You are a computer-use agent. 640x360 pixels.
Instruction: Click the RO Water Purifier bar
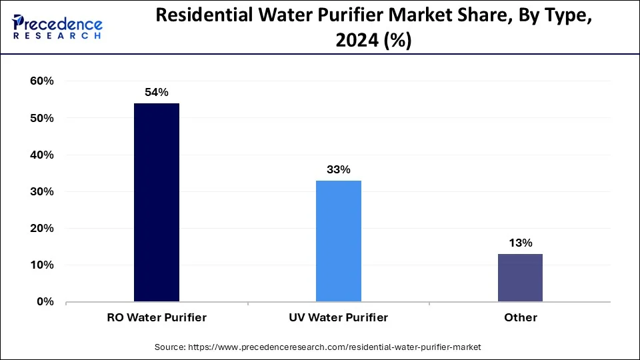157,202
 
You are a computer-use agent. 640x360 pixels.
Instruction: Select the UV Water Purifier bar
339,241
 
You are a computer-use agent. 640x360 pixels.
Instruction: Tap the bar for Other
520,277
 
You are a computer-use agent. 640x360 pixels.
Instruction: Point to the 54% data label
157,93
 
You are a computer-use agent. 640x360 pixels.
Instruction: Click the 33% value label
339,169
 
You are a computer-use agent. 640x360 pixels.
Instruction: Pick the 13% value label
520,243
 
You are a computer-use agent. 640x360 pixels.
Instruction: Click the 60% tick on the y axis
41,81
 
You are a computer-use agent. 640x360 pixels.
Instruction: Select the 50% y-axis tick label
41,118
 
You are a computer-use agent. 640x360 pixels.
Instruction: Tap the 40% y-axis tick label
41,155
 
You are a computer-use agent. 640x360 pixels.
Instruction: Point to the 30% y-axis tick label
41,191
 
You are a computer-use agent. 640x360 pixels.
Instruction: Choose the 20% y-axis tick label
41,228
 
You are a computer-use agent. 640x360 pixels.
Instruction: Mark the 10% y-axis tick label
41,265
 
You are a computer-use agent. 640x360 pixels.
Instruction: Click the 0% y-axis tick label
44,301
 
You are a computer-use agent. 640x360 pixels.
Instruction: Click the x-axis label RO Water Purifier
157,317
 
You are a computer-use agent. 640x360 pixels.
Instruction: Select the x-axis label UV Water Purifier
339,317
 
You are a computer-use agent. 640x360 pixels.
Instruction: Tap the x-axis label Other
520,317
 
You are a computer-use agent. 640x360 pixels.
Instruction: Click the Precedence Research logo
57,27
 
